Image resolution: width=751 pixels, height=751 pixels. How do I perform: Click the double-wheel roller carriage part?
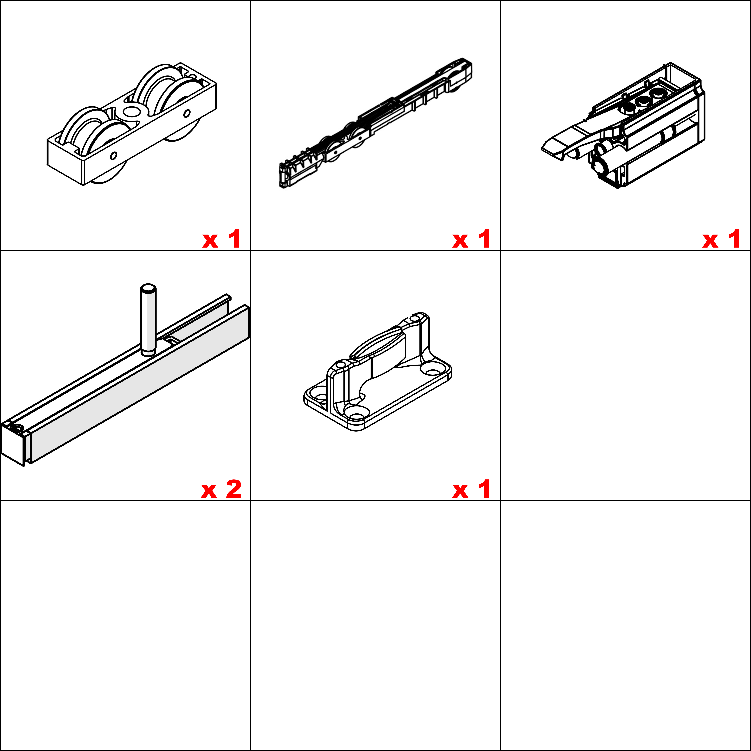click(x=131, y=124)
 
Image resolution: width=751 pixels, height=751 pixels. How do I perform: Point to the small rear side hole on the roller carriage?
click(x=187, y=114)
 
